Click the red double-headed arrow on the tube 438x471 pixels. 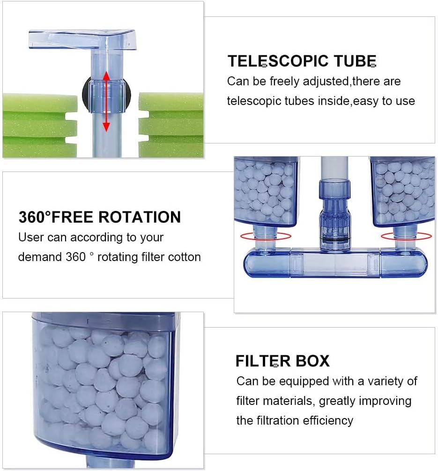(106, 101)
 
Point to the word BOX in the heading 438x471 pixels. (312, 361)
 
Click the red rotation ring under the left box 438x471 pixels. (265, 236)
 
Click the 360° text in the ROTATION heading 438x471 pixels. (38, 217)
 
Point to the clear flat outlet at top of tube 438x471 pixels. (82, 39)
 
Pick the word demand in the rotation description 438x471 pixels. (40, 257)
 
